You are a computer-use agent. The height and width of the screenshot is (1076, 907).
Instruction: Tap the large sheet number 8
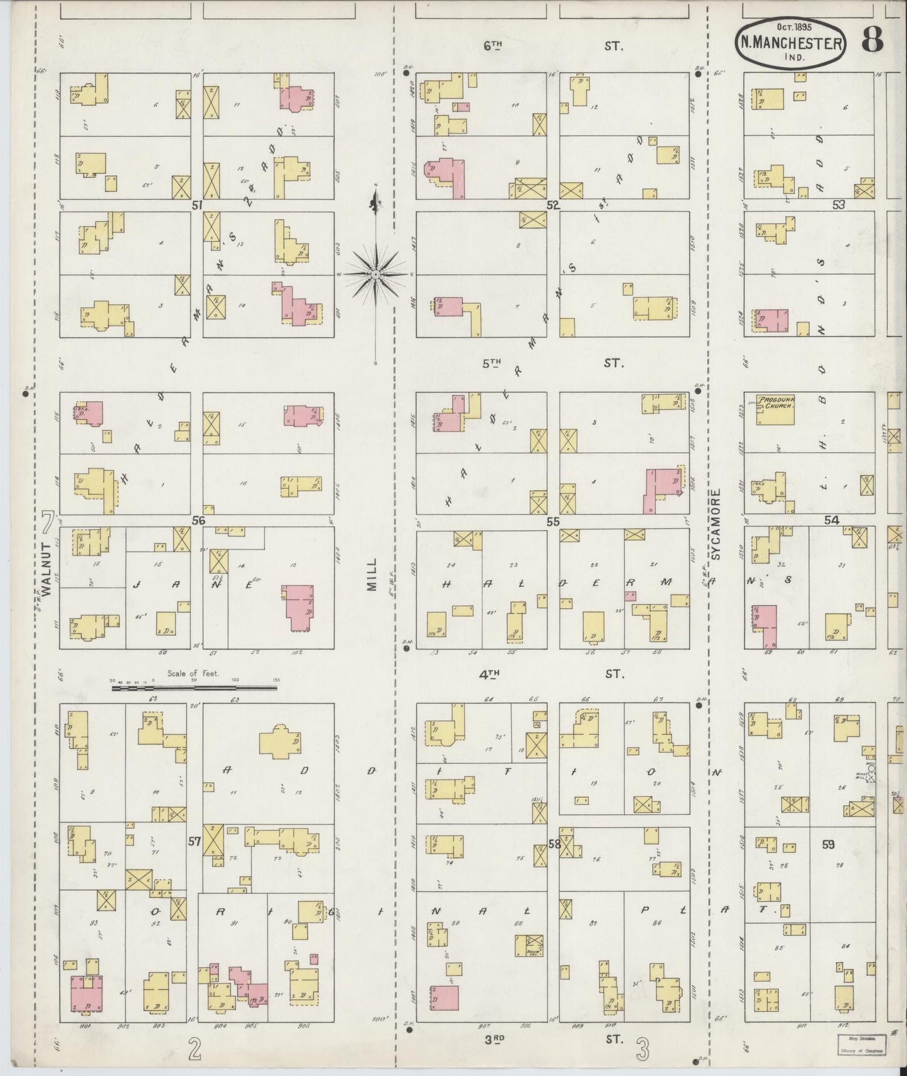click(872, 39)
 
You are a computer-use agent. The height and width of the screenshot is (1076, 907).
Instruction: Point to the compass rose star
click(375, 274)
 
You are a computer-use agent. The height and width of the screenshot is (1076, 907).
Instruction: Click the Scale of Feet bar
click(195, 688)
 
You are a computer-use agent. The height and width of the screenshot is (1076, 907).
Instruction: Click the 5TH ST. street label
click(553, 363)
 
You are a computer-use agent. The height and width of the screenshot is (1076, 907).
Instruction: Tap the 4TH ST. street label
click(553, 674)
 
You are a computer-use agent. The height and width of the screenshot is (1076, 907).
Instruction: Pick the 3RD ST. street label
click(553, 1039)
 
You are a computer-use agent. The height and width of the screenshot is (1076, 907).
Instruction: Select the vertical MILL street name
click(372, 574)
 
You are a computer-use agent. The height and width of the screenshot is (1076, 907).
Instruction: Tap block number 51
click(198, 205)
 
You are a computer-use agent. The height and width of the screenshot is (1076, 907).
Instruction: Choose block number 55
click(553, 521)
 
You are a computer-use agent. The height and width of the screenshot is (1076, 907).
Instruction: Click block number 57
click(195, 841)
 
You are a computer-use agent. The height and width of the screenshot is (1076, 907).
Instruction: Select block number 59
click(829, 845)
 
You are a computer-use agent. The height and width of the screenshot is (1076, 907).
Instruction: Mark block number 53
click(839, 205)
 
